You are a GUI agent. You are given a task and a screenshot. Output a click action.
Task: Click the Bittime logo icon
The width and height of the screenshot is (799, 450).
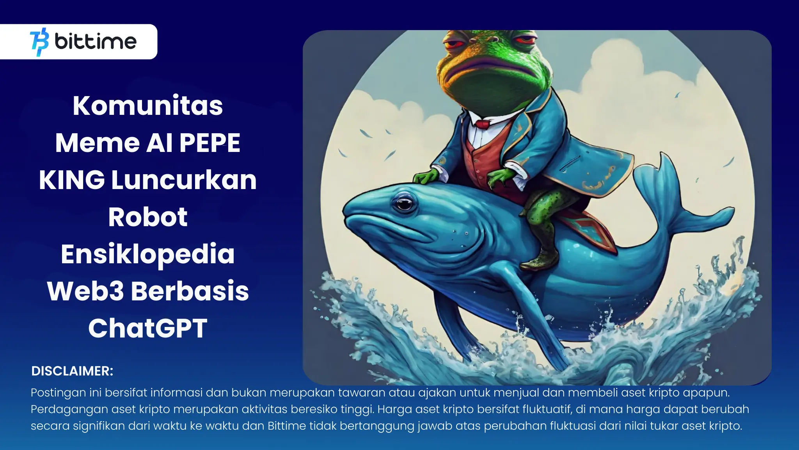(39, 42)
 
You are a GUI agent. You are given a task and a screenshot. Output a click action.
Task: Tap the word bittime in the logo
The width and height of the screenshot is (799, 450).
(96, 41)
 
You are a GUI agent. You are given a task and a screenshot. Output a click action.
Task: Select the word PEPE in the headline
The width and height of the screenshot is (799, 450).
(210, 143)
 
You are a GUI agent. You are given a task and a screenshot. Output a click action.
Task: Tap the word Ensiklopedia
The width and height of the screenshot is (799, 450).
(148, 255)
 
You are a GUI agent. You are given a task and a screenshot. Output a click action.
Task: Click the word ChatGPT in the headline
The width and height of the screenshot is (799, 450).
(148, 328)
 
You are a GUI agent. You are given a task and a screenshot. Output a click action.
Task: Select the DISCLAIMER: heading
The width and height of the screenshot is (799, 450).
(72, 371)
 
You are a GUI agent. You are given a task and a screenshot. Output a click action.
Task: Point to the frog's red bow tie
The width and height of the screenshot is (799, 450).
(483, 124)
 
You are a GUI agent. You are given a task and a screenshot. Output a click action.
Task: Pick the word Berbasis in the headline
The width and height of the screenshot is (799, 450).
(190, 291)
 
